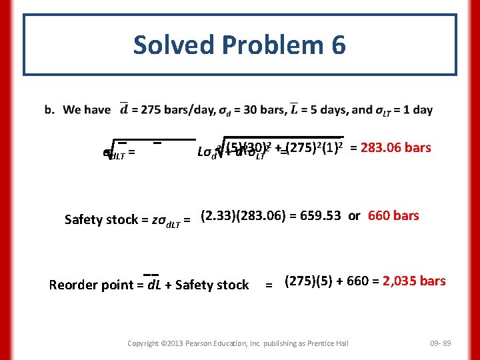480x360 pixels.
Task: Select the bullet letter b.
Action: pos(68,111)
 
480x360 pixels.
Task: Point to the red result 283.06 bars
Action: pos(395,147)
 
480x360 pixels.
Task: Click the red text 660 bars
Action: pos(393,215)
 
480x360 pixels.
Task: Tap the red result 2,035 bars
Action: pos(414,281)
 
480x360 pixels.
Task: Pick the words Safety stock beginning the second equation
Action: pos(100,219)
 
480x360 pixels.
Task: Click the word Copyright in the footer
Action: pos(143,343)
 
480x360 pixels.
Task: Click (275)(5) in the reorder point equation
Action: pos(308,281)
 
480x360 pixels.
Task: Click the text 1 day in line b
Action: pos(419,111)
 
